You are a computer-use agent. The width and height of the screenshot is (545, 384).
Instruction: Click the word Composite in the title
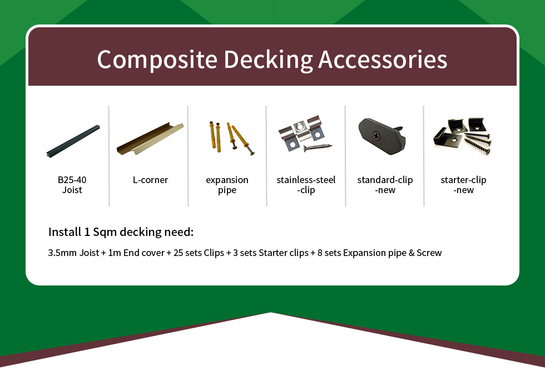pyautogui.click(x=157, y=60)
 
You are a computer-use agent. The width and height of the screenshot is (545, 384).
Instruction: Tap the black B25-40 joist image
pyautogui.click(x=73, y=141)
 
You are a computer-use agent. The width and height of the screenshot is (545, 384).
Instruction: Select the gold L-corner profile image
pyautogui.click(x=150, y=139)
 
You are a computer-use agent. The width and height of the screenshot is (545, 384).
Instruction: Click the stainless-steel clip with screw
pyautogui.click(x=305, y=134)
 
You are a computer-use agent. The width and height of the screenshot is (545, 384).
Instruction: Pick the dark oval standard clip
pyautogui.click(x=381, y=136)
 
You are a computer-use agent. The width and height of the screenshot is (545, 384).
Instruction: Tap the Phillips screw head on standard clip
pyautogui.click(x=376, y=135)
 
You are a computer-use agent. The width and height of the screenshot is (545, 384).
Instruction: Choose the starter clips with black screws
pyautogui.click(x=463, y=136)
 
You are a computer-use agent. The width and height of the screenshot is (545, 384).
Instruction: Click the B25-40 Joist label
pyautogui.click(x=72, y=185)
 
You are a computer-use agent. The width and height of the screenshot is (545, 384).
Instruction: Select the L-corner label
pyautogui.click(x=150, y=180)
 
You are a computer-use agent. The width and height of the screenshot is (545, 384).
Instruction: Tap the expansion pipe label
pyautogui.click(x=227, y=185)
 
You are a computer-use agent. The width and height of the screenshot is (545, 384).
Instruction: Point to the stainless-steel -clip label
pyautogui.click(x=306, y=185)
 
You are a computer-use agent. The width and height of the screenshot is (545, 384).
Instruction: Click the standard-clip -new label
pyautogui.click(x=385, y=185)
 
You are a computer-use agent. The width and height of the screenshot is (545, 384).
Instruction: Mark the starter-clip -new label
pyautogui.click(x=463, y=185)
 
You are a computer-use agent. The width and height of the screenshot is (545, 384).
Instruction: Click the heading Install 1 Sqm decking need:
pyautogui.click(x=121, y=232)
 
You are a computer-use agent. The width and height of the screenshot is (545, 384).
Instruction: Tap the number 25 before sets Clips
pyautogui.click(x=178, y=253)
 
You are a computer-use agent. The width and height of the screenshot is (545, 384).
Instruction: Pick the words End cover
pyautogui.click(x=143, y=253)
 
